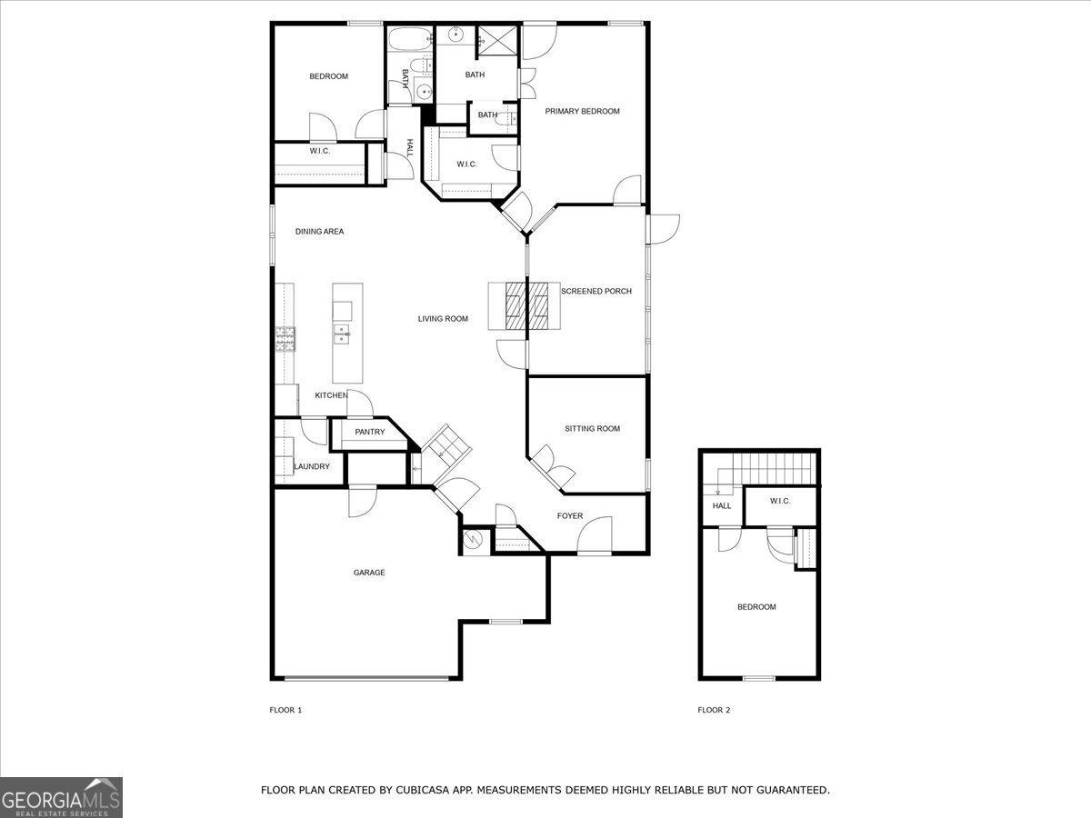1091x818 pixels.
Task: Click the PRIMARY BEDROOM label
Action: click(582, 111)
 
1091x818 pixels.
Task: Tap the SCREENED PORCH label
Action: click(596, 291)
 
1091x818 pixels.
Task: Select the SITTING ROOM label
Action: click(592, 429)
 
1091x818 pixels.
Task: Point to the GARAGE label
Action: click(369, 573)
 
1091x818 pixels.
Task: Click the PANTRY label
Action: click(370, 432)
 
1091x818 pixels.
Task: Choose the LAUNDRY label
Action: click(312, 466)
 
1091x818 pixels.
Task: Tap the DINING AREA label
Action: click(319, 232)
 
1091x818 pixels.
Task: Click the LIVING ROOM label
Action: click(443, 319)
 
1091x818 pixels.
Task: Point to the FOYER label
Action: click(570, 516)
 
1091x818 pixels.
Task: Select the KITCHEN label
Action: click(331, 395)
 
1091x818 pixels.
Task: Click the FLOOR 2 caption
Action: click(714, 710)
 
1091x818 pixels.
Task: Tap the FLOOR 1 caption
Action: click(285, 710)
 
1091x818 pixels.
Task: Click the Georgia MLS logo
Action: click(61, 798)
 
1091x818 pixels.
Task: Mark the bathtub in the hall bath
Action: click(410, 39)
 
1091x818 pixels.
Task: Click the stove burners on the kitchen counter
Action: click(285, 339)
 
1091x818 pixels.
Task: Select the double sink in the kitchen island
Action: click(342, 334)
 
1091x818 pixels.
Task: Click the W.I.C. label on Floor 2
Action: click(780, 501)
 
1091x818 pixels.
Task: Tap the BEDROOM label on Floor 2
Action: click(756, 607)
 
